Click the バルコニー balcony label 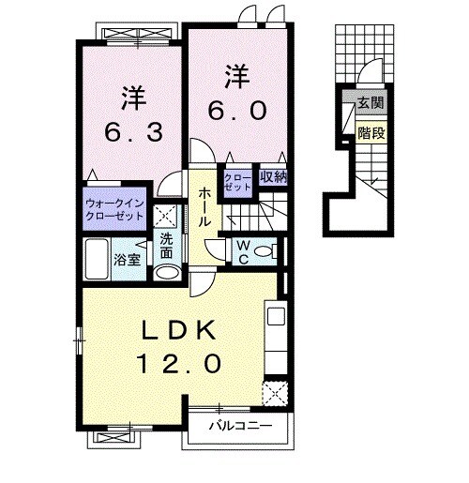[x=240, y=427]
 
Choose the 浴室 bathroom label [x=128, y=259]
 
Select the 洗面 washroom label [x=165, y=245]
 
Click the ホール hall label [x=204, y=205]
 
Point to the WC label [x=241, y=250]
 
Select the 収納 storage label [x=273, y=176]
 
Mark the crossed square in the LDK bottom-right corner [x=273, y=391]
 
